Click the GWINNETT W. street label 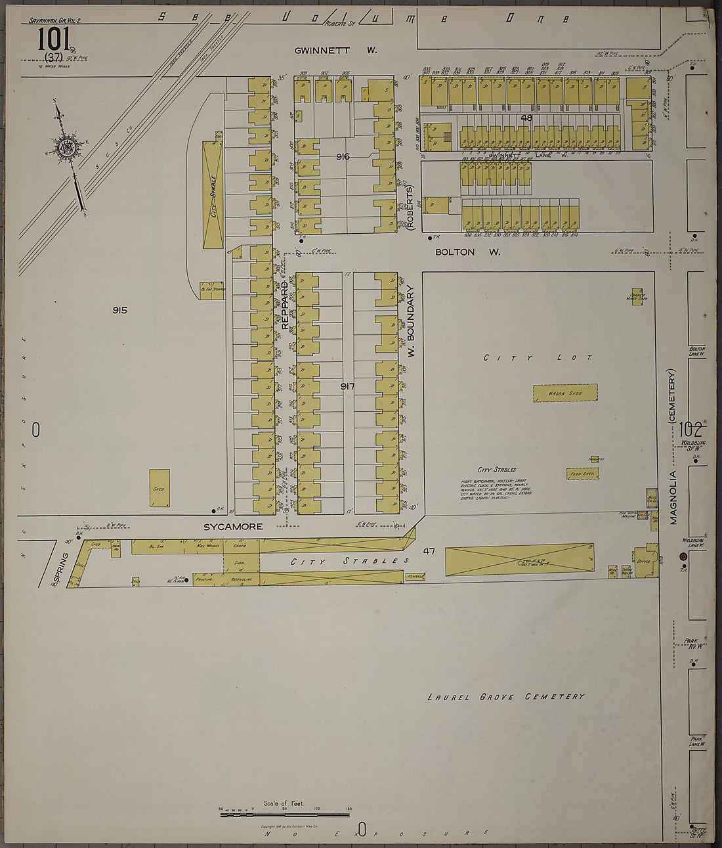coord(335,50)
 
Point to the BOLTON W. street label coord(468,252)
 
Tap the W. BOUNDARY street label coord(412,321)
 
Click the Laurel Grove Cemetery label coord(505,697)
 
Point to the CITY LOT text coord(538,358)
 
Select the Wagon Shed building coord(565,393)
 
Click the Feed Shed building coord(582,474)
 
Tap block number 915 coord(119,310)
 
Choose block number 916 coord(343,156)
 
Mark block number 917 coord(347,386)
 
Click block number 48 coord(526,118)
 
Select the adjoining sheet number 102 coord(691,430)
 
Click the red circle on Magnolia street coord(683,556)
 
